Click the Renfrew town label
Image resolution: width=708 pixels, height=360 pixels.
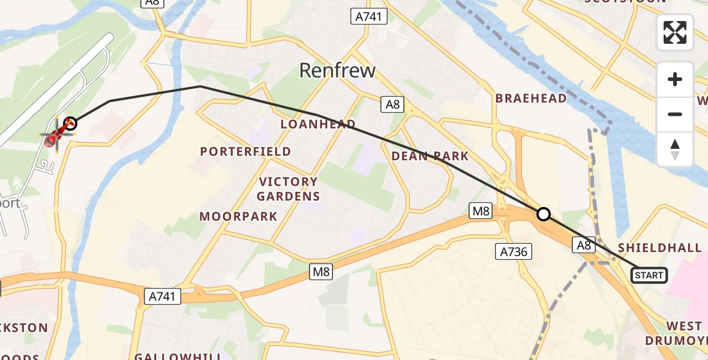pos(337,71)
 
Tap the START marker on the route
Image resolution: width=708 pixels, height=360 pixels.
pos(649,275)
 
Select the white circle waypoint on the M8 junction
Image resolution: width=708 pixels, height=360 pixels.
pos(543,214)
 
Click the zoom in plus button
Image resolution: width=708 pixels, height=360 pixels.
pos(675,79)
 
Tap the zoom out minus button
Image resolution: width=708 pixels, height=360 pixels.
pos(675,114)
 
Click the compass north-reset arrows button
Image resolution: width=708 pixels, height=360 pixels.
pos(675,149)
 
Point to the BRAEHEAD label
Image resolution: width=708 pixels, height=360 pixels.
pos(530,98)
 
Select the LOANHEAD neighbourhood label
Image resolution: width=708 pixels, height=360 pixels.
pos(318,124)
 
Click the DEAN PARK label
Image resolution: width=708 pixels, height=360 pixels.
pos(429,156)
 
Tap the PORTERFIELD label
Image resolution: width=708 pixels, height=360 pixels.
pos(245,152)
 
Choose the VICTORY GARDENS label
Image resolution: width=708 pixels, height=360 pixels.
pos(288,188)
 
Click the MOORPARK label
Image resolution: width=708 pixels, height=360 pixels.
pos(238,216)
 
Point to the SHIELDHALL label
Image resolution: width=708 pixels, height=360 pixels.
pos(659,248)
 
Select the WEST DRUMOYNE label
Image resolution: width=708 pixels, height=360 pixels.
pos(677,333)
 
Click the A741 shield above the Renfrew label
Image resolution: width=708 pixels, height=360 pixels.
pos(368,17)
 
